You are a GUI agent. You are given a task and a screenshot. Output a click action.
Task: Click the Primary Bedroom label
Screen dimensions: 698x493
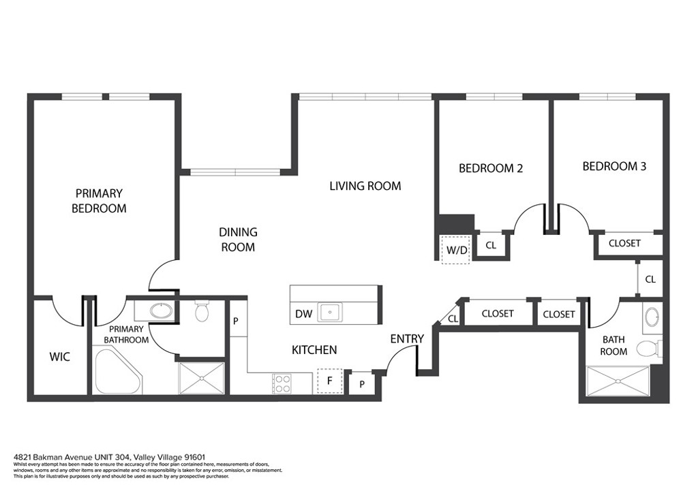click(x=99, y=201)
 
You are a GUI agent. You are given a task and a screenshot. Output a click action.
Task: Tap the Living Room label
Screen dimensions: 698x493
click(x=365, y=186)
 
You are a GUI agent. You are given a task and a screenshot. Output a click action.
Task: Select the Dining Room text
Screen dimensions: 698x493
click(x=238, y=240)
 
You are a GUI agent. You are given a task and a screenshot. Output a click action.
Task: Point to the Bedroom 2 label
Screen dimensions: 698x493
click(x=491, y=168)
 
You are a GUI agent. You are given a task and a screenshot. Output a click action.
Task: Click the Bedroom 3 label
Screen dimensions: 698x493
click(x=614, y=166)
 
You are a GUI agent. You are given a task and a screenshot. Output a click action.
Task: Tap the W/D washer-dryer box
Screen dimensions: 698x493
click(x=455, y=249)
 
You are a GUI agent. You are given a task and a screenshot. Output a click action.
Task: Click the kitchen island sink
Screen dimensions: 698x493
click(x=330, y=312)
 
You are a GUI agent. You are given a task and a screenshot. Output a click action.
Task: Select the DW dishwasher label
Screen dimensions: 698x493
click(x=303, y=315)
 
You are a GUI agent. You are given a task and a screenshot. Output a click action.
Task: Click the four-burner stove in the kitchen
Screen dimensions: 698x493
click(x=282, y=383)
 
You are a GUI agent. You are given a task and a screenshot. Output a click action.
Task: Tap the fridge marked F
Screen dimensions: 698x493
click(x=330, y=381)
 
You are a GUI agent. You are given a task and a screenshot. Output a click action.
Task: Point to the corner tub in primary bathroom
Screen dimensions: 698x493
click(x=117, y=372)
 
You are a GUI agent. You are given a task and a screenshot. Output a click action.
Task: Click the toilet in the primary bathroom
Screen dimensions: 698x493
click(x=202, y=311)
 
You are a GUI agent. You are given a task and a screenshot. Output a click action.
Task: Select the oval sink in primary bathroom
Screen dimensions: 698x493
click(x=162, y=311)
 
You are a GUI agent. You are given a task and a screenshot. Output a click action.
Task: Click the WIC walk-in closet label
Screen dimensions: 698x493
click(x=60, y=357)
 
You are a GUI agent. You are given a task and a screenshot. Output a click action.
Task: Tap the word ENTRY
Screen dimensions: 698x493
click(x=407, y=338)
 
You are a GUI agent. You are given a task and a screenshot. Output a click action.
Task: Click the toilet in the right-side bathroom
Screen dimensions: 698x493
click(x=650, y=349)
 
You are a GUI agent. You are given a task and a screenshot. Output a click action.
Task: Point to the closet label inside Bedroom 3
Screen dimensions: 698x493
click(x=624, y=243)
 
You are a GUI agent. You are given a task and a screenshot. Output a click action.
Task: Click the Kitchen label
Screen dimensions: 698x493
click(x=314, y=350)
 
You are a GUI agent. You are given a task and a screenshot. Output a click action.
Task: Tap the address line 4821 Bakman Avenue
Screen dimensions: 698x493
click(x=110, y=457)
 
